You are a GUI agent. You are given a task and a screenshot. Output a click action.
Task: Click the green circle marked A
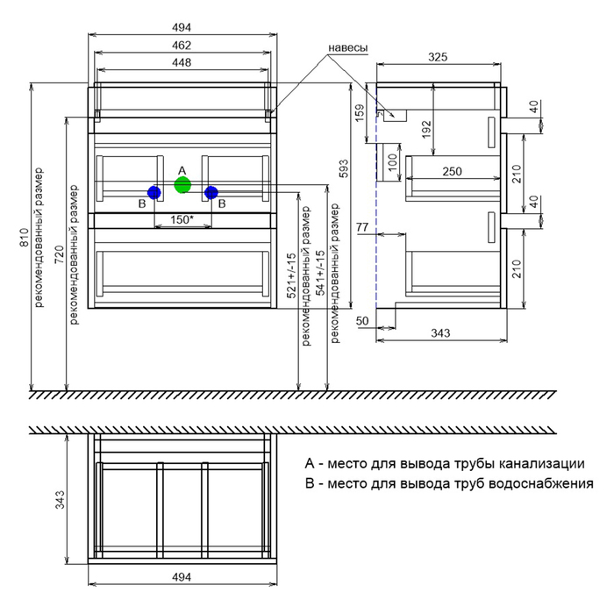(182, 185)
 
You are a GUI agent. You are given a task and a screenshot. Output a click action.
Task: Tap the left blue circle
(153, 191)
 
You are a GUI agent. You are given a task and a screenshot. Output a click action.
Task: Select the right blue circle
(211, 191)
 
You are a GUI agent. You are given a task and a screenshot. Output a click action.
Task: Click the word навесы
(347, 47)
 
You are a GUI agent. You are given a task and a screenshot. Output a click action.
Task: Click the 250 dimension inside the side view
(453, 172)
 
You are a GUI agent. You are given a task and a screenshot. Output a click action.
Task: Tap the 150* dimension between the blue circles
(182, 218)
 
